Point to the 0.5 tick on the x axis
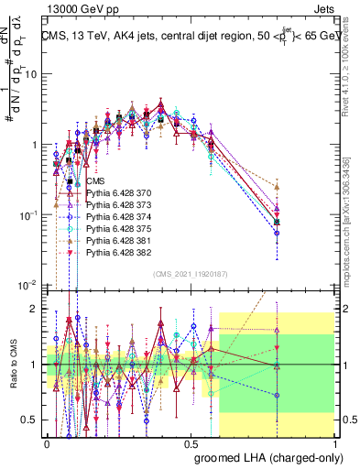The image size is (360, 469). click(191, 442)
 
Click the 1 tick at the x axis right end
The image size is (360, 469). click(334, 442)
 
